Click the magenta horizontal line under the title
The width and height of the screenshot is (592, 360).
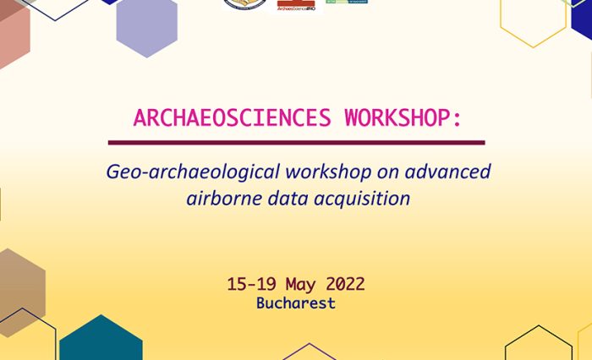pos(296,143)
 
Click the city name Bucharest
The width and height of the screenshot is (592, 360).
pos(296,303)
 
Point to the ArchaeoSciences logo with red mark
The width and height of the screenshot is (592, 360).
pos(295,5)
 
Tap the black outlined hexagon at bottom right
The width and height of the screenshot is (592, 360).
pos(538,346)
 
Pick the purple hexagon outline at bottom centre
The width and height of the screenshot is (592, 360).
pos(309,352)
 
